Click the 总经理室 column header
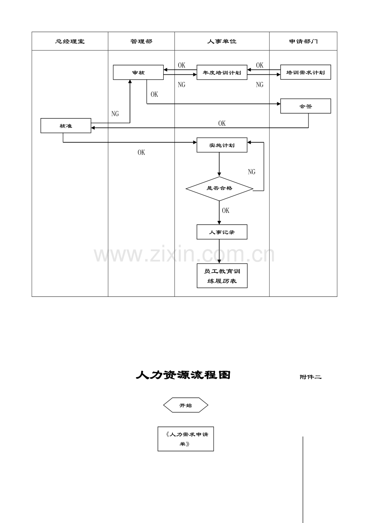[70, 41]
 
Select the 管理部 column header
[141, 41]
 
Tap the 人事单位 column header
[222, 41]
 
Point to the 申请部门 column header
[303, 41]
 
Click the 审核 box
[138, 72]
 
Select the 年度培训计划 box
[222, 72]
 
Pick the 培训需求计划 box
[306, 72]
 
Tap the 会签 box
[306, 106]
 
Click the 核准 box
[66, 126]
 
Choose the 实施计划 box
[222, 145]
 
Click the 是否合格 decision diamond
[219, 189]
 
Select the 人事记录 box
[222, 232]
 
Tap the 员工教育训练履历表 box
[222, 276]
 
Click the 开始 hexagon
[186, 405]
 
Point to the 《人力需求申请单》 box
[186, 439]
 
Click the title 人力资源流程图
[183, 375]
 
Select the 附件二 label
[310, 377]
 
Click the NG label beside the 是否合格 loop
[252, 172]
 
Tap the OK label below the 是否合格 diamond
[226, 210]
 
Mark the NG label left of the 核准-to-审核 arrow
[115, 114]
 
